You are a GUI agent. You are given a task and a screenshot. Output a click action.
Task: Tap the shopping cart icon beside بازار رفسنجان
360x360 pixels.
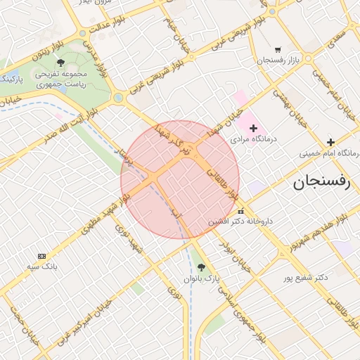[x=278, y=50]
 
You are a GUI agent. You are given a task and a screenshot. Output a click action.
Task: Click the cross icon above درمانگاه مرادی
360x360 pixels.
[x=254, y=129]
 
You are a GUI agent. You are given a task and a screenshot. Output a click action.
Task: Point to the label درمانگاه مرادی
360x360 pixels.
[x=255, y=139]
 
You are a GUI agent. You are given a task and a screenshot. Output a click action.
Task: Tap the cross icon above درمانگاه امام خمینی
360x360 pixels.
[x=330, y=142]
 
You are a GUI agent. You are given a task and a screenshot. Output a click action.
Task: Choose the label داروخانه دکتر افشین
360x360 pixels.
[x=238, y=221]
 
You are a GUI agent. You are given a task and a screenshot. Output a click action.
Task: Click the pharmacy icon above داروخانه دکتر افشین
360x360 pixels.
[x=241, y=211]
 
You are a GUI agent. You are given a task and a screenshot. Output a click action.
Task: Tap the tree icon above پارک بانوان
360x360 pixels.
[x=202, y=267]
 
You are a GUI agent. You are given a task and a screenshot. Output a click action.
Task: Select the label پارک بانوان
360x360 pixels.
[x=202, y=278]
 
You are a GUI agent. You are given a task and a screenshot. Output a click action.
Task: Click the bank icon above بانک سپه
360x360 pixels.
[x=41, y=256]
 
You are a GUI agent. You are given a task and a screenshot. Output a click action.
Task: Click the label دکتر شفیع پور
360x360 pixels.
[x=304, y=277]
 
